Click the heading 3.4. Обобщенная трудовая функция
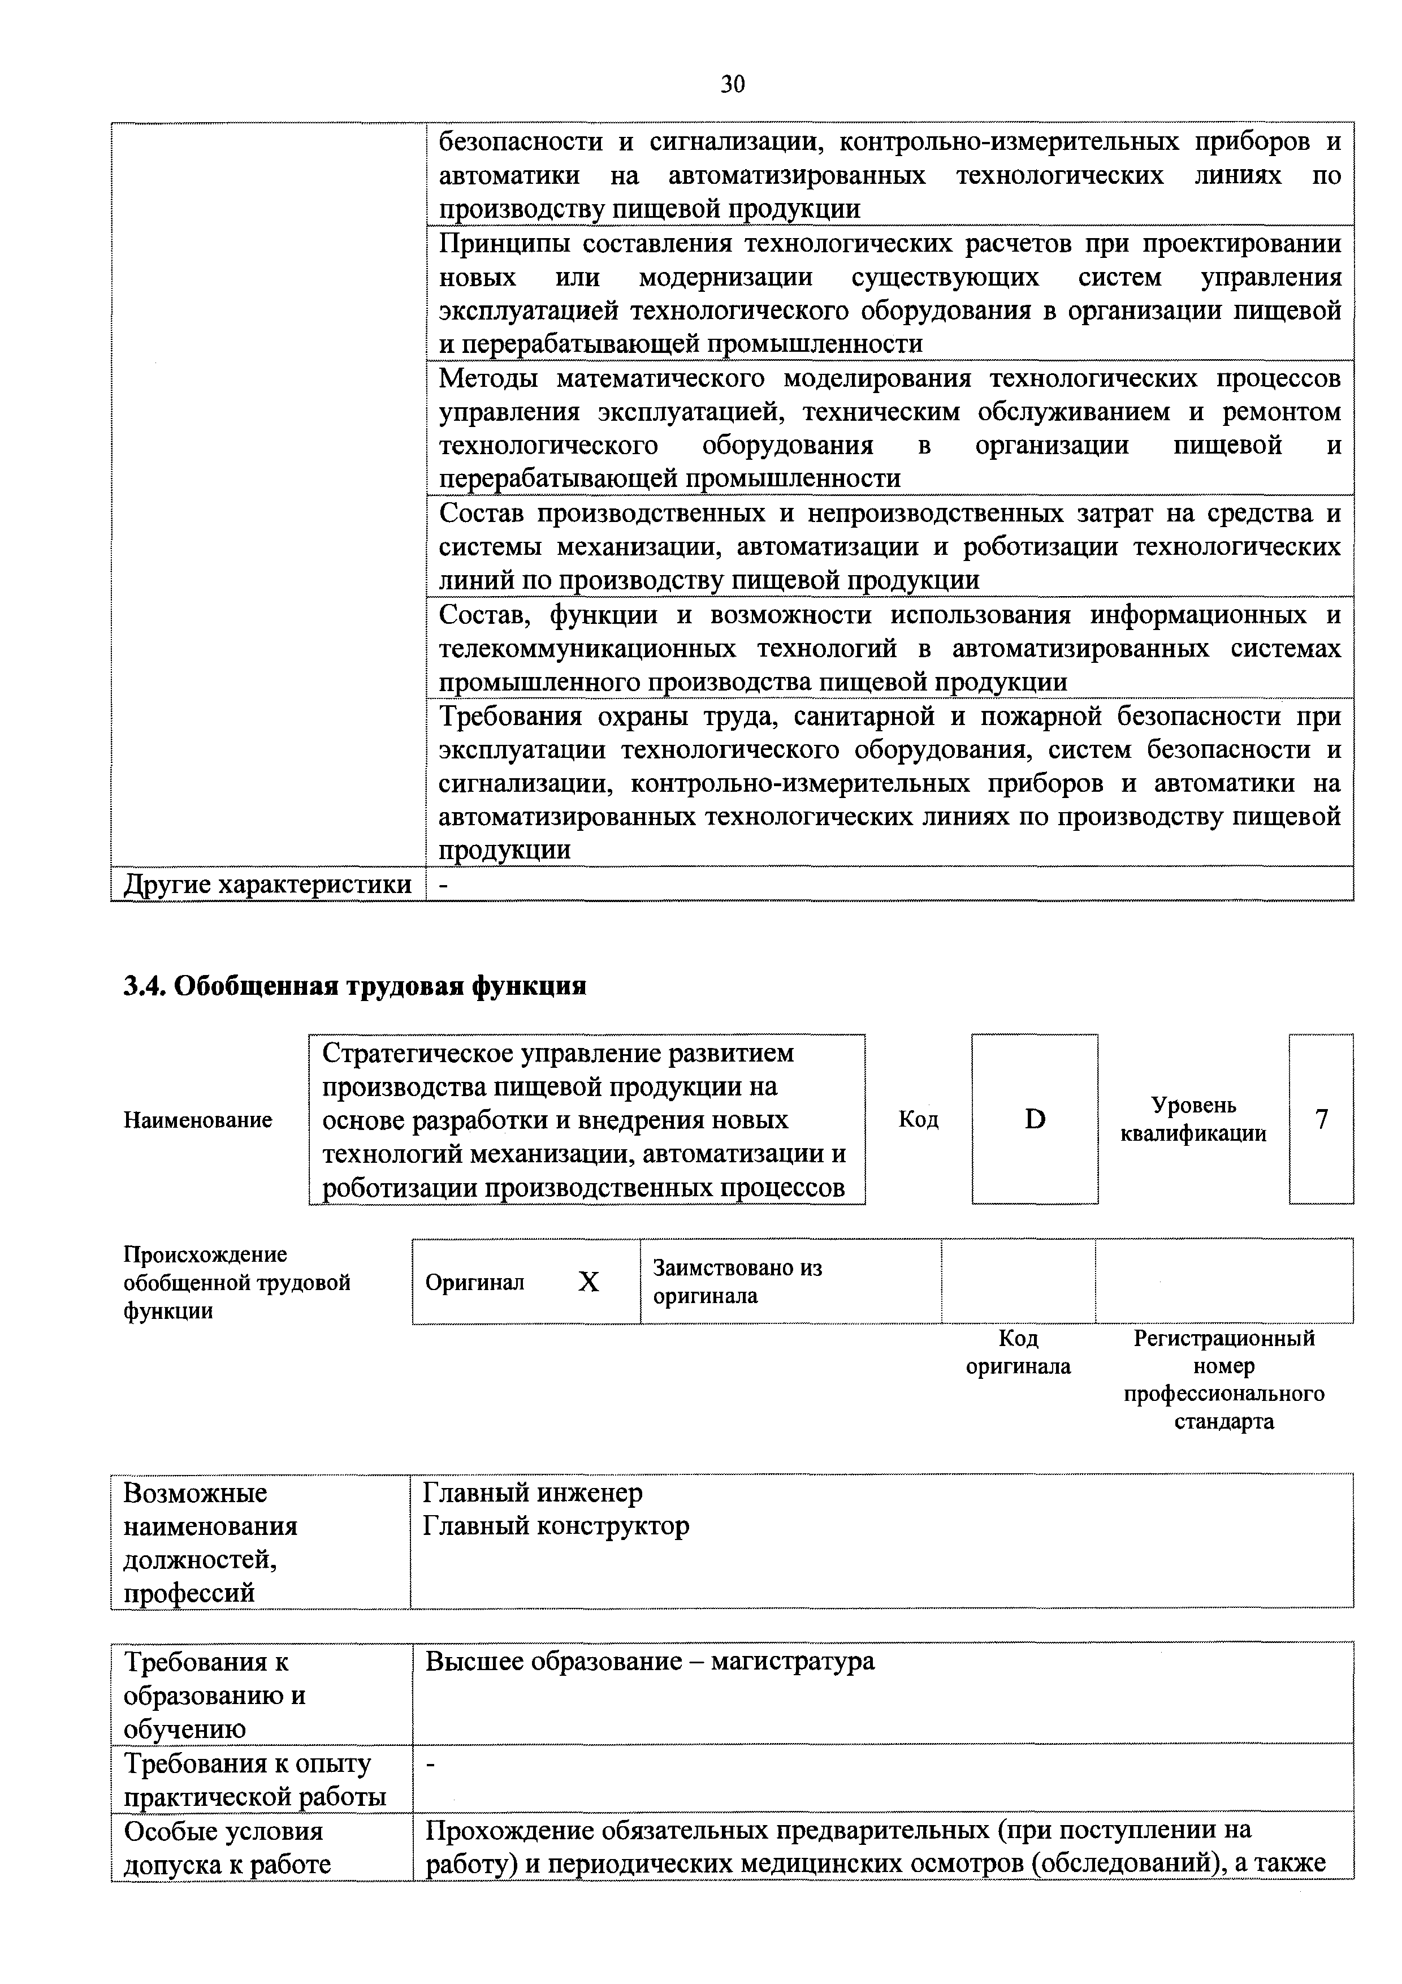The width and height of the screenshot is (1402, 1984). click(355, 986)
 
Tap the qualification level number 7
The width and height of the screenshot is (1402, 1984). click(1321, 1119)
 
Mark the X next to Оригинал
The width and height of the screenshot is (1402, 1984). click(589, 1282)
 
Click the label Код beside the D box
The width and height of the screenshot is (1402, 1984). click(918, 1120)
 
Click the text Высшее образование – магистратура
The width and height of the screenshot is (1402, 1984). click(650, 1661)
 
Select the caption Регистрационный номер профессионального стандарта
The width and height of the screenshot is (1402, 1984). click(1223, 1380)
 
